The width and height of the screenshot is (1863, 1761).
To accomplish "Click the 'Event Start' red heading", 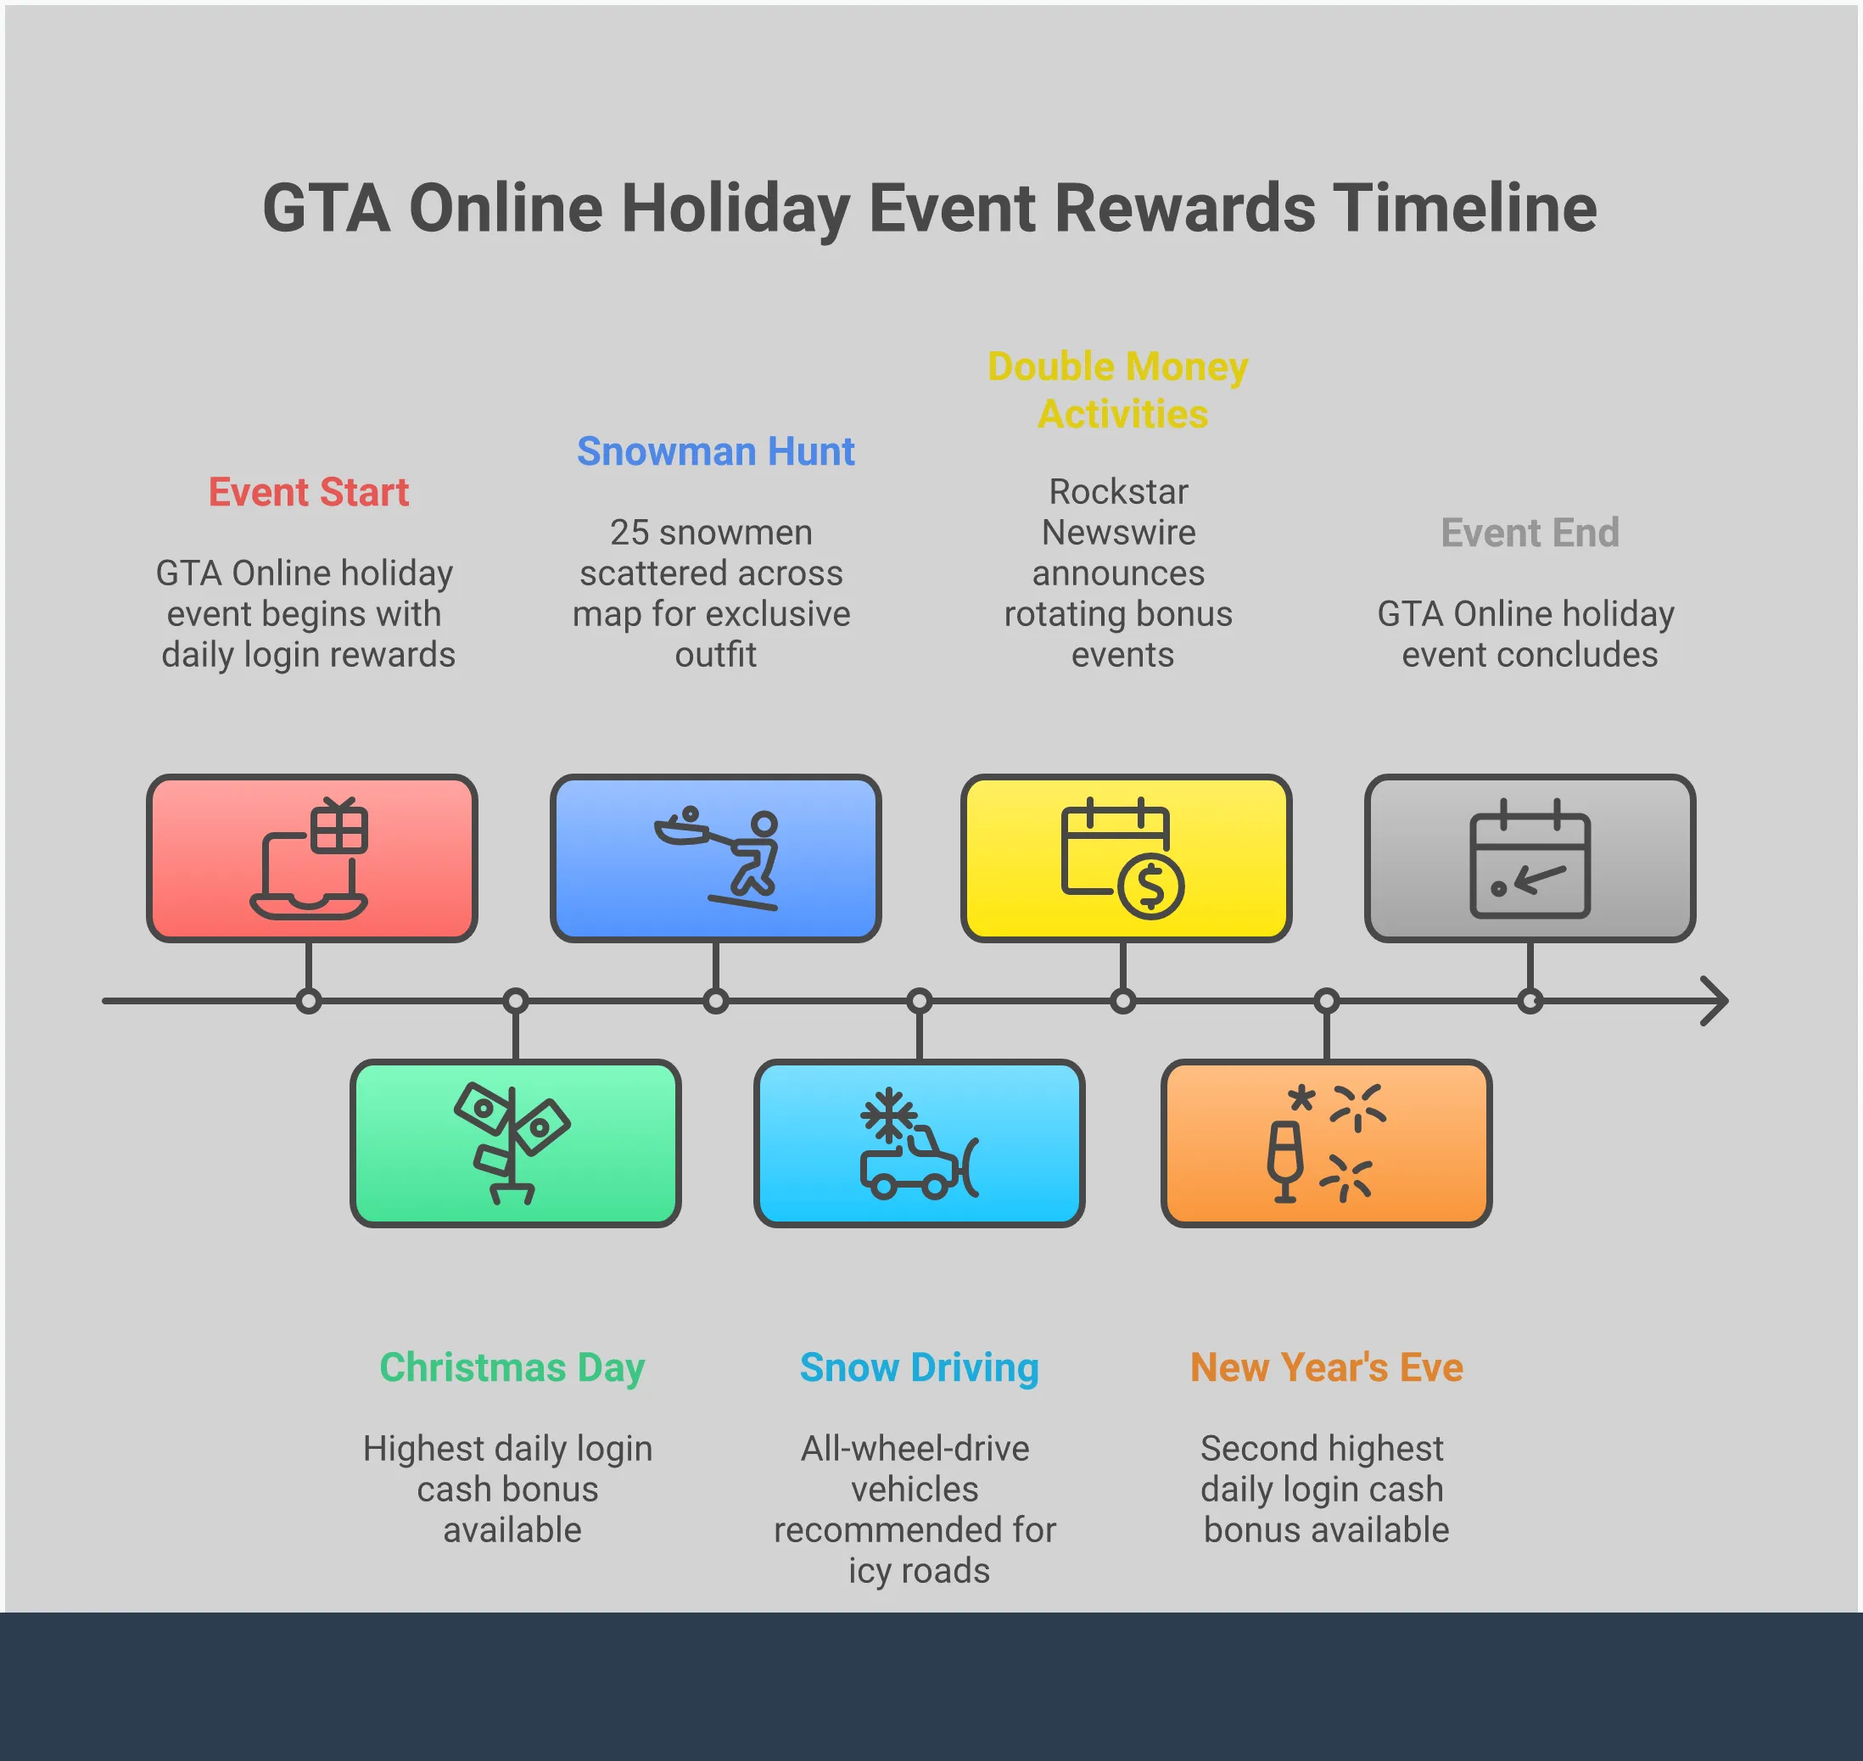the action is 308,492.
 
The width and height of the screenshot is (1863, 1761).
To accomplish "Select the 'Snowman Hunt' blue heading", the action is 715,451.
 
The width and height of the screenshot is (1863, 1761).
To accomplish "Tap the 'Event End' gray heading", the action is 1530,532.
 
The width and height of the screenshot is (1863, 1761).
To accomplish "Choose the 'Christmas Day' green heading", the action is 512,1367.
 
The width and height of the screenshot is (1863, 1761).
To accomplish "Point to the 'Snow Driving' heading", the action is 920,1367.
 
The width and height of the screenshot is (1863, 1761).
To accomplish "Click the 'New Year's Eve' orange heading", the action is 1326,1367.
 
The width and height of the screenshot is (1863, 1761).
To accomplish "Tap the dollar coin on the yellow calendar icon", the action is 1150,886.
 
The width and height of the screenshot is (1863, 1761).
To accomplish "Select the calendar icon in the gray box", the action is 1530,858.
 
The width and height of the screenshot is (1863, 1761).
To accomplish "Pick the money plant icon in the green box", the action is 512,1143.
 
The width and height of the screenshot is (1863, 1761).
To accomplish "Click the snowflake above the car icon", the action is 887,1116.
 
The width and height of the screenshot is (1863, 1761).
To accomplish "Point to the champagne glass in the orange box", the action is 1284,1162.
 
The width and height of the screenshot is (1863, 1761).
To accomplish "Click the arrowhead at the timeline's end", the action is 1715,1001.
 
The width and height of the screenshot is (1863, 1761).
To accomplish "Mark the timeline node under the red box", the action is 308,1001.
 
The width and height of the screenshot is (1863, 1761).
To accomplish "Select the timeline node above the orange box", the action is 1326,1001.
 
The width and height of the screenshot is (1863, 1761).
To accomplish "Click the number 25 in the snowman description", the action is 629,532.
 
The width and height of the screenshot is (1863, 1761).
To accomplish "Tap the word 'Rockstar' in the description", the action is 1118,491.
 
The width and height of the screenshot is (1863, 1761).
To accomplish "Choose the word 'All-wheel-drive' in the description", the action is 915,1448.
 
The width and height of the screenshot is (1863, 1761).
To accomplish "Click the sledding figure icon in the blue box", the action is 715,858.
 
